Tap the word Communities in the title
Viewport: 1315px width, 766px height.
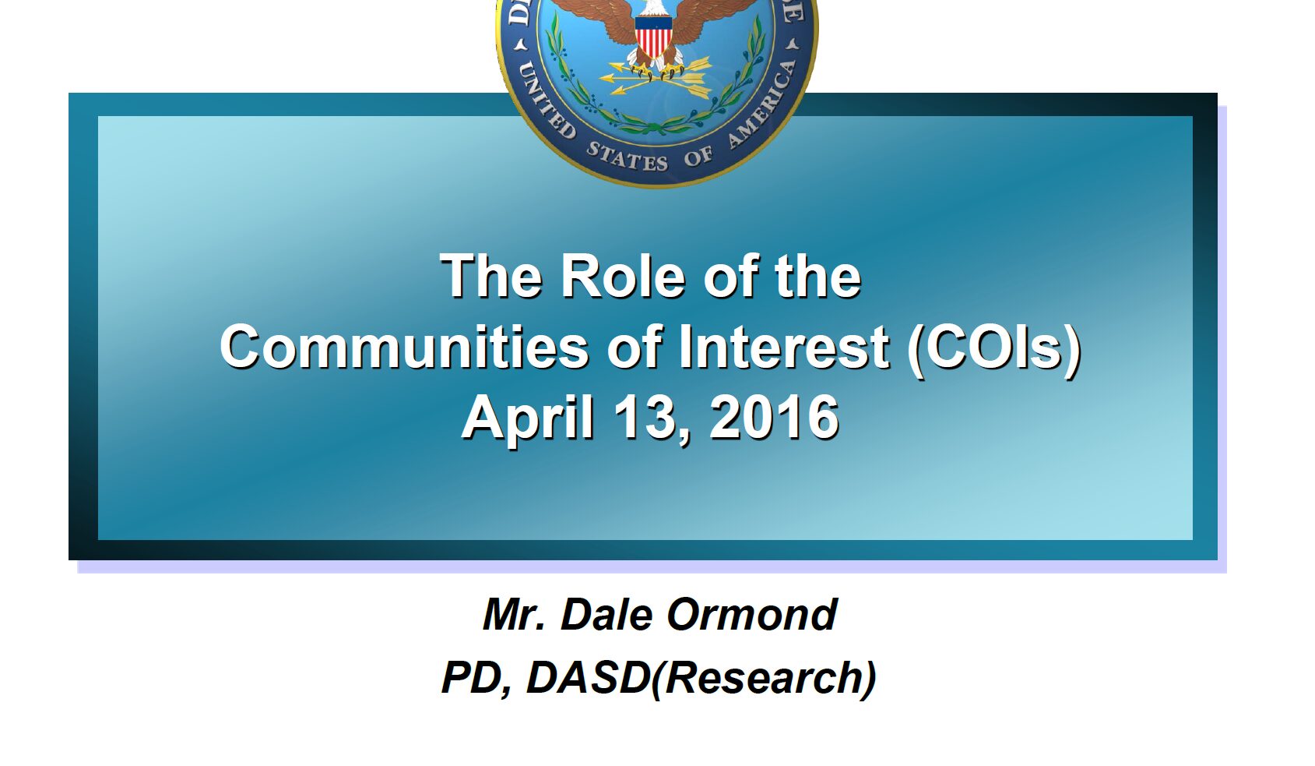coord(404,347)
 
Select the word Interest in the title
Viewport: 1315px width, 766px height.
coord(784,347)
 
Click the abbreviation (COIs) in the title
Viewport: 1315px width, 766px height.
coord(994,350)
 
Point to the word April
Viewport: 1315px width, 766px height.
coord(528,418)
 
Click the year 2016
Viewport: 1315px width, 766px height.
coord(775,417)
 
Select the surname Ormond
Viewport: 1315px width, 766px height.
coord(751,615)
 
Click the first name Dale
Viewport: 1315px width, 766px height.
coord(607,615)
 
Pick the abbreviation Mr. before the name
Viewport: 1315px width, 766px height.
coord(515,615)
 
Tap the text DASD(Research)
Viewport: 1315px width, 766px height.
coord(701,679)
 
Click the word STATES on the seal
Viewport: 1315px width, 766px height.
coord(627,157)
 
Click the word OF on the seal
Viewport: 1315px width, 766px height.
coord(698,157)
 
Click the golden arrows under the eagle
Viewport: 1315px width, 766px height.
coord(655,79)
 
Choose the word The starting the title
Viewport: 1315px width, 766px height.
coord(490,276)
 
